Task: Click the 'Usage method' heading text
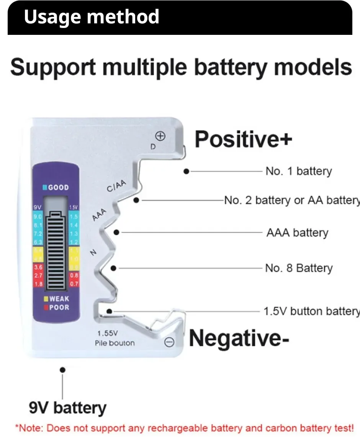pos(91,17)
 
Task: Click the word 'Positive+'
pos(243,139)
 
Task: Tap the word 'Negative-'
pos(239,338)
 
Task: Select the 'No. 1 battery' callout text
pos(299,171)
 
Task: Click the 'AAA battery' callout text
pos(297,232)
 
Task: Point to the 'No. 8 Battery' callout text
pos(299,268)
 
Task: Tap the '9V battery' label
pos(67,408)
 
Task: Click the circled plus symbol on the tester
pos(160,136)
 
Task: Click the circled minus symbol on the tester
pos(169,342)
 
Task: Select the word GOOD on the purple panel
pos(58,188)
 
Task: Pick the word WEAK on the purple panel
pos(59,299)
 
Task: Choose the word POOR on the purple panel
pos(59,307)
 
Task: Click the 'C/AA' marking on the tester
pos(116,187)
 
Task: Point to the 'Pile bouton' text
pos(115,343)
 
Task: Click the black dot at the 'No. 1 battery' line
pos(186,172)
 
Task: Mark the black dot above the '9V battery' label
pos(63,370)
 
